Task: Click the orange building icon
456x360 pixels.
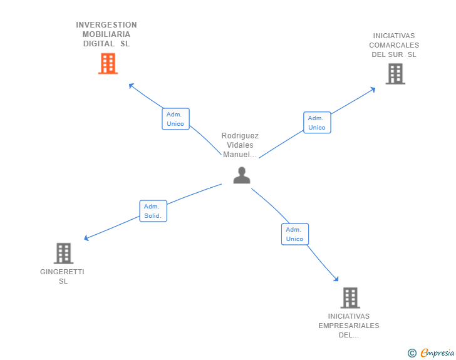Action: pos(108,63)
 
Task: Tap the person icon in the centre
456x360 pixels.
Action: pos(242,175)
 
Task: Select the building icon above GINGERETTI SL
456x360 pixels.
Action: pos(63,253)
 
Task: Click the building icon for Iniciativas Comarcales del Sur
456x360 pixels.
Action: pos(395,74)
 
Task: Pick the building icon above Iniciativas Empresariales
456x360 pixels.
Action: pos(350,297)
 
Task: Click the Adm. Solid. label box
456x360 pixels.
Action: pos(153,211)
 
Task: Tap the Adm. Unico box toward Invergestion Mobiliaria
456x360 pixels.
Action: pos(175,119)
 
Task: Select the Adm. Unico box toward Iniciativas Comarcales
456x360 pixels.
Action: pos(317,123)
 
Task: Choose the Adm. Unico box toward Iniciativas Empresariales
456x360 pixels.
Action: pos(294,234)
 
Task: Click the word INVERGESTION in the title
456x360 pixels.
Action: pos(106,25)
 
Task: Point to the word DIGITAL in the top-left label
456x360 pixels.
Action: pos(99,44)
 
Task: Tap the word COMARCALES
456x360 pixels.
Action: pos(394,45)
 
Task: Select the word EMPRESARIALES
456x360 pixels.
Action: pos(349,326)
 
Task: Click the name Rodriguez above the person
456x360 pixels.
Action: pos(240,136)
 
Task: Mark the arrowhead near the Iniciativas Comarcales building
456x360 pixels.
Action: pos(373,88)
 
